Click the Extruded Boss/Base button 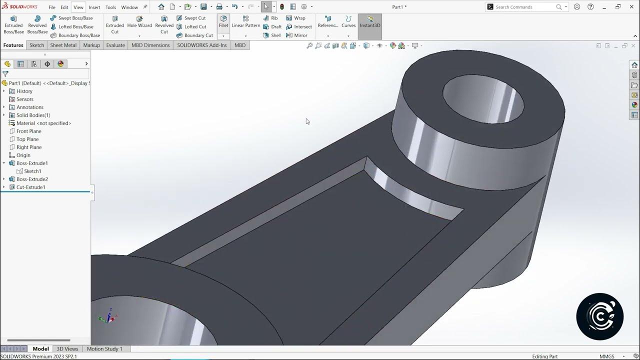click(13, 24)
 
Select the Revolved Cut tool click(164, 24)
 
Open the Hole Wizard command click(139, 22)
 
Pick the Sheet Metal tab click(63, 45)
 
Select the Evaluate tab click(115, 45)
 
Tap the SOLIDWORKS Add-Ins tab click(202, 45)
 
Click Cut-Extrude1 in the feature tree click(31, 187)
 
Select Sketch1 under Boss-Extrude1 click(32, 171)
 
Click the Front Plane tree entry click(28, 131)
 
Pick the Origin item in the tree click(23, 155)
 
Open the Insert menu click(94, 7)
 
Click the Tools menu click(111, 7)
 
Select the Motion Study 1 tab click(104, 348)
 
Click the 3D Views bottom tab click(67, 348)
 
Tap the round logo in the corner click(599, 316)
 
